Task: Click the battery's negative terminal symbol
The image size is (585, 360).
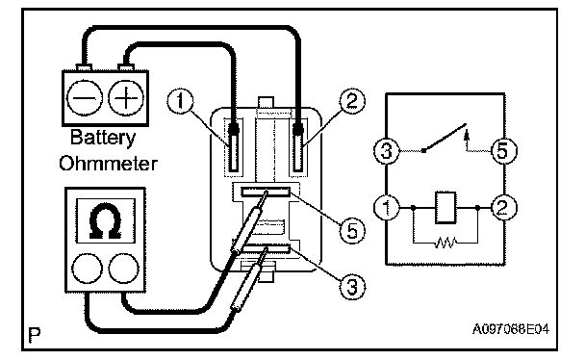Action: tap(85, 98)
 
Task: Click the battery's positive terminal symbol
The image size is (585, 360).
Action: tap(126, 98)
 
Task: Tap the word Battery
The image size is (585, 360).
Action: tap(103, 138)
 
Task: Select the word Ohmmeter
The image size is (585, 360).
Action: tap(108, 164)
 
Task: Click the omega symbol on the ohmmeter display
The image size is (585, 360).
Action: tap(106, 220)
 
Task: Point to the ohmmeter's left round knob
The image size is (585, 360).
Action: tap(87, 269)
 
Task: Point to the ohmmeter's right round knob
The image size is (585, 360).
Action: tap(124, 269)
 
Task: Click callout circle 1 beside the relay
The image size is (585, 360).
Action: tap(180, 101)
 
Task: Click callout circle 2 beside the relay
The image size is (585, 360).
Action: tap(352, 101)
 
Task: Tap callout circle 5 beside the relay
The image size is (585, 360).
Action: tap(352, 231)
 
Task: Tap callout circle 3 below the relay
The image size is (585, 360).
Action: tap(352, 287)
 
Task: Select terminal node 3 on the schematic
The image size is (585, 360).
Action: tap(387, 151)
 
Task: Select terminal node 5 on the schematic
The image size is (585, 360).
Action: tap(503, 151)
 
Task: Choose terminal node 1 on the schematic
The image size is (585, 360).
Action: tap(387, 207)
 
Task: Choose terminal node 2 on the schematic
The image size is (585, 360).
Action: tap(503, 207)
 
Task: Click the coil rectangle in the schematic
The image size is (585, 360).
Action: tap(445, 208)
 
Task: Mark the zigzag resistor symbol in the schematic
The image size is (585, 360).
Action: tap(445, 243)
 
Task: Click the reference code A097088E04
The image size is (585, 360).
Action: tap(511, 329)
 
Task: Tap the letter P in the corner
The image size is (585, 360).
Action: tap(35, 335)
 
